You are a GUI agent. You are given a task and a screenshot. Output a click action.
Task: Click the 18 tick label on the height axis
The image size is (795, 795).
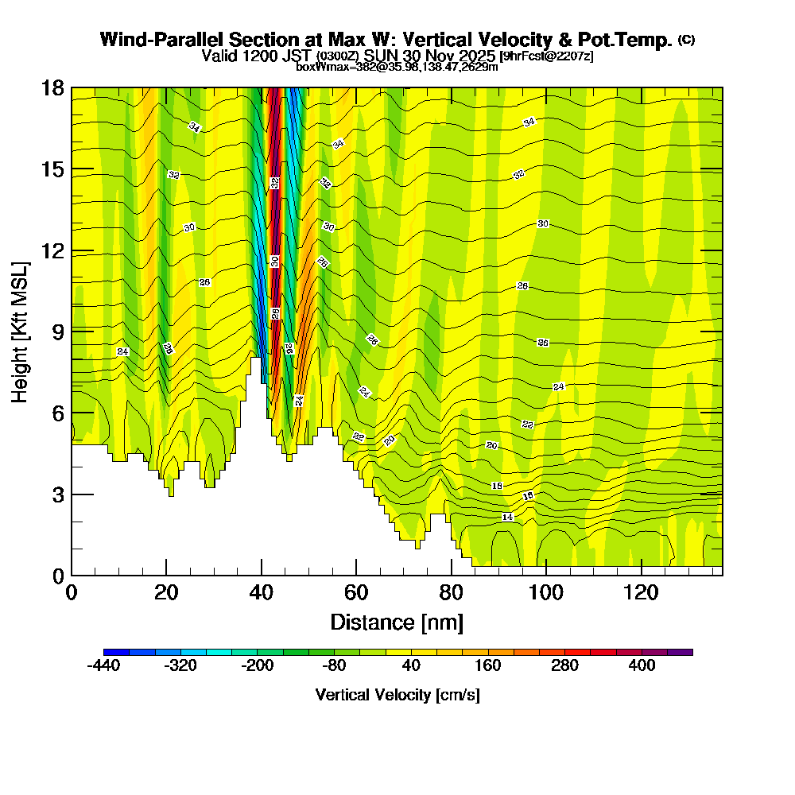52,87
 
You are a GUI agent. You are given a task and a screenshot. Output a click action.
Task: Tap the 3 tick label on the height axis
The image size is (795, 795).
57,494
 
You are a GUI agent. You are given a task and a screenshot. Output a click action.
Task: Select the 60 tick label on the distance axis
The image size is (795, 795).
356,593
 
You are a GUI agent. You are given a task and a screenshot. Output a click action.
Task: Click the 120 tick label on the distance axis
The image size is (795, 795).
642,593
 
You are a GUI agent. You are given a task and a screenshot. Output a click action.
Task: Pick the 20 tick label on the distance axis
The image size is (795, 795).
166,593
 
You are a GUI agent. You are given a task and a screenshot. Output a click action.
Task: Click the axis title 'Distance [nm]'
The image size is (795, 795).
396,622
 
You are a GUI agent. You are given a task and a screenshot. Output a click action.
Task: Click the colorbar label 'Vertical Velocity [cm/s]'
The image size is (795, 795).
397,695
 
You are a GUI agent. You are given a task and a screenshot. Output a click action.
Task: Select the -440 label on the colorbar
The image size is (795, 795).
103,665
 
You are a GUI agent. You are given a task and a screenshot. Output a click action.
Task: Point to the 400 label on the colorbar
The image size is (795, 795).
642,665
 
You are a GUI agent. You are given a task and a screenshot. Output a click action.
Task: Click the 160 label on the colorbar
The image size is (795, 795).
487,665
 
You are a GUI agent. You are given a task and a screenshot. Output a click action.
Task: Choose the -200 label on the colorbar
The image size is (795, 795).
257,665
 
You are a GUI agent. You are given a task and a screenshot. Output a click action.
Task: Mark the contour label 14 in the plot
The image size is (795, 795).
508,518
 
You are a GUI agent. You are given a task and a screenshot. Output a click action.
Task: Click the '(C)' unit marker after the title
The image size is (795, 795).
686,40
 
